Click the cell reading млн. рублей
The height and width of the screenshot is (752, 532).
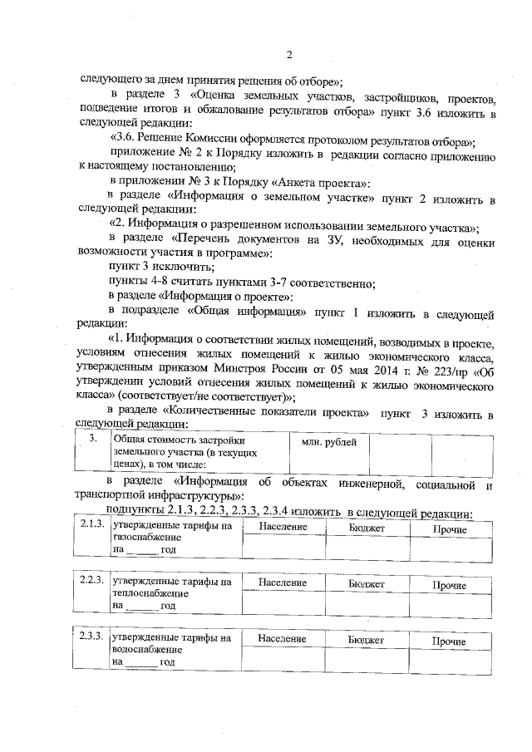click(x=328, y=443)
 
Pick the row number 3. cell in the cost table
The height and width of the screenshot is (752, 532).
click(x=94, y=437)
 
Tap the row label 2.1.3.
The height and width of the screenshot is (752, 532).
click(x=91, y=525)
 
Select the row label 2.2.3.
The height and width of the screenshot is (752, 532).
click(x=91, y=582)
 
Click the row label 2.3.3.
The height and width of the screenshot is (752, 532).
click(x=91, y=638)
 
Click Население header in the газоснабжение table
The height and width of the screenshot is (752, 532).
click(x=283, y=528)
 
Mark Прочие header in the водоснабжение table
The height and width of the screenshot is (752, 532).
click(x=450, y=641)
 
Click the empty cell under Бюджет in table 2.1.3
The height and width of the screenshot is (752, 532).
click(x=366, y=548)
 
